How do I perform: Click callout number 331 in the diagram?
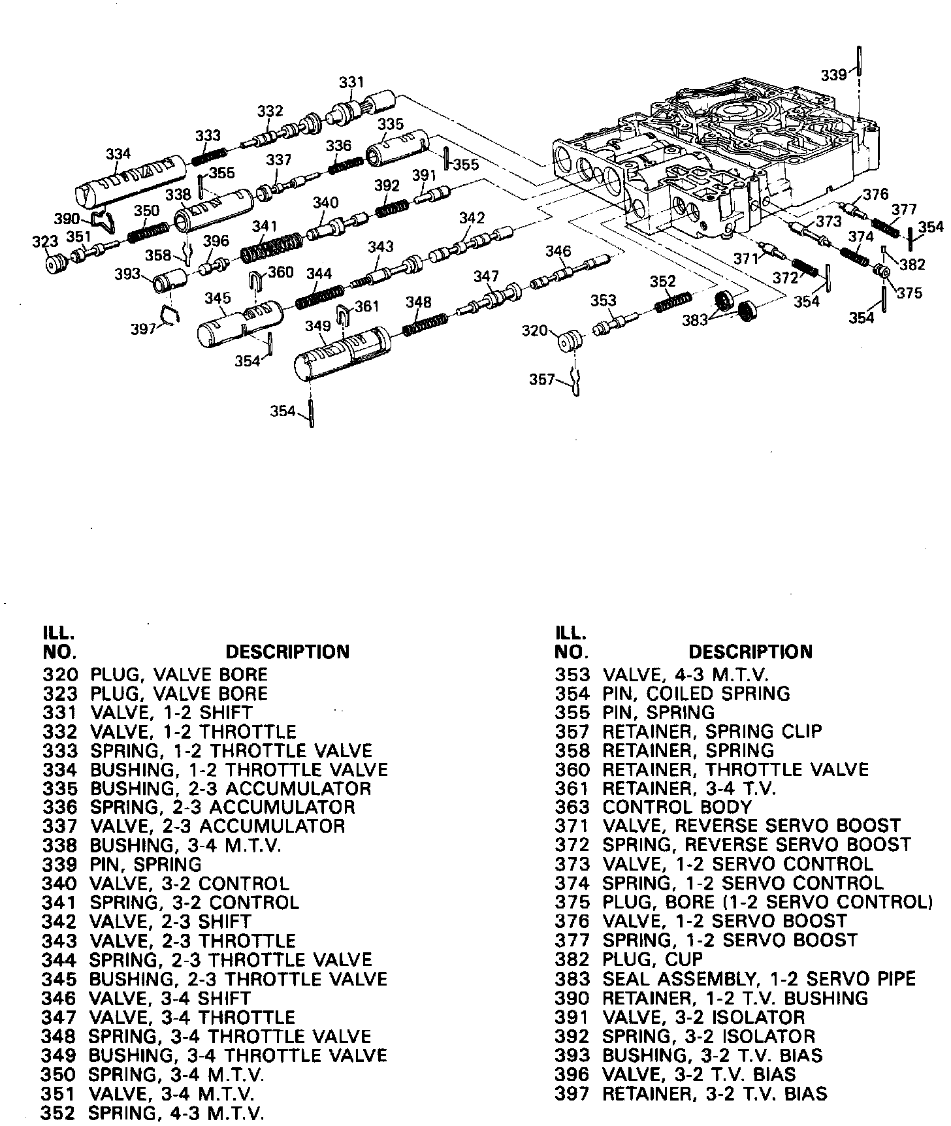351,83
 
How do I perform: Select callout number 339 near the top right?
834,75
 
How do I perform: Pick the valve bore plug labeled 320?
570,341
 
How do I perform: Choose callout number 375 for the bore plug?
909,293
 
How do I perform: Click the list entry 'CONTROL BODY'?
677,807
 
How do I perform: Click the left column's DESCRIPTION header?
287,652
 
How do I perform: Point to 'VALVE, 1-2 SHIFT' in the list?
171,713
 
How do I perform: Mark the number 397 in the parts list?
572,1093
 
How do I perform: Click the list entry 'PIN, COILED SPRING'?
696,694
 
